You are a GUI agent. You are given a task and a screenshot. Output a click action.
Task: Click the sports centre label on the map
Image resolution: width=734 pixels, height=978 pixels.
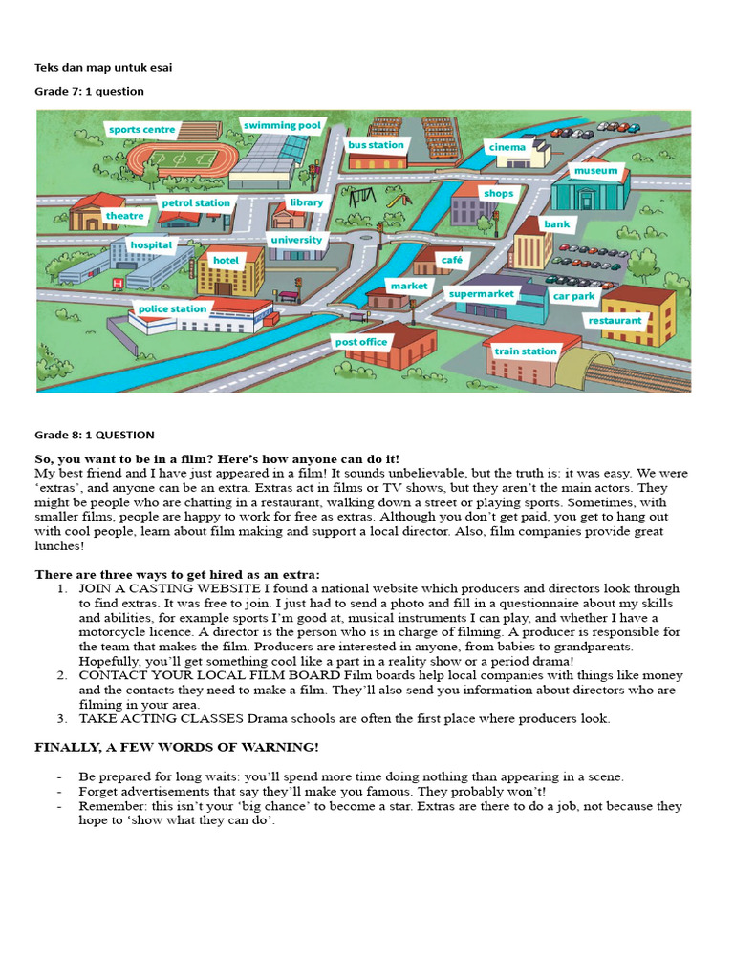point(141,129)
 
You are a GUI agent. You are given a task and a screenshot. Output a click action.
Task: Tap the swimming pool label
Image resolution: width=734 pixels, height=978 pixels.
point(282,125)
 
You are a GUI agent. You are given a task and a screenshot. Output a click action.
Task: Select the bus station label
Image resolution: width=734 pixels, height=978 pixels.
point(376,145)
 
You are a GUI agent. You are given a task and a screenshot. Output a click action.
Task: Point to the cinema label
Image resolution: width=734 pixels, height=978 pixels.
point(507,148)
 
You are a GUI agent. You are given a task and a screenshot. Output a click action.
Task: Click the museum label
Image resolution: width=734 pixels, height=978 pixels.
point(595,171)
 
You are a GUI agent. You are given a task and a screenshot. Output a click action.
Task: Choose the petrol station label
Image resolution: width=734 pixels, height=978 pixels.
point(196,202)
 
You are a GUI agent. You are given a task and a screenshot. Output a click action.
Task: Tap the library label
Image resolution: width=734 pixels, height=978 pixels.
point(306,202)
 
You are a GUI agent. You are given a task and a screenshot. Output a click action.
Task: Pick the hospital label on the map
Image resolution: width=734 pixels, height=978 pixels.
point(151,245)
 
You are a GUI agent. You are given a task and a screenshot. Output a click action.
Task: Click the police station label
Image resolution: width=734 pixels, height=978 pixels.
point(172,308)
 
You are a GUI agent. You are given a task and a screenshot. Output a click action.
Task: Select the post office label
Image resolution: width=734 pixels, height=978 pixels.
point(360,341)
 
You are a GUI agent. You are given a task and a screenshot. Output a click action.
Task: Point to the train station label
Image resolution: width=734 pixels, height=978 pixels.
point(525,351)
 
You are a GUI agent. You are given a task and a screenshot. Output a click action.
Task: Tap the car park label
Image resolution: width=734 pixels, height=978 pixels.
point(573,297)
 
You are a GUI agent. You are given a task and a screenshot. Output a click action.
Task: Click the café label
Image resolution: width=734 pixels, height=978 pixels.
point(451,260)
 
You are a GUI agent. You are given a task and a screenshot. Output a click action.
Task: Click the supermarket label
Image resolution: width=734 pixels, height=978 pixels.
point(482,294)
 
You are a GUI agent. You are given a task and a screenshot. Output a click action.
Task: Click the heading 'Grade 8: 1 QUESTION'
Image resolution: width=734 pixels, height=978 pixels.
point(94,435)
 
